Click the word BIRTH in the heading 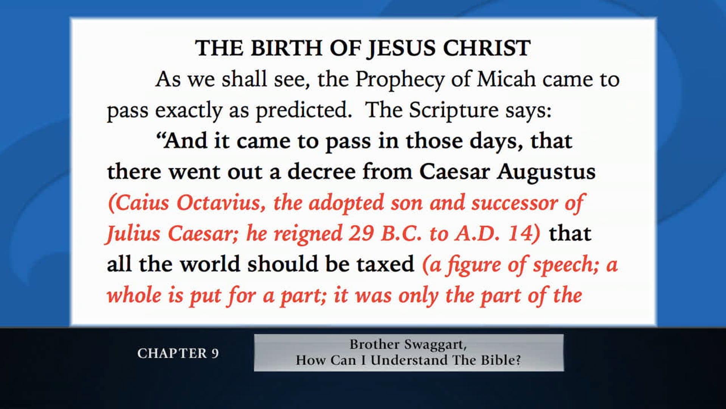coord(286,48)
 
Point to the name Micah coord(506,80)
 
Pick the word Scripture coord(454,111)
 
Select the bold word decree coord(321,172)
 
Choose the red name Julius coord(133,234)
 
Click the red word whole coord(134,295)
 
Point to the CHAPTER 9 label coord(178,353)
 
